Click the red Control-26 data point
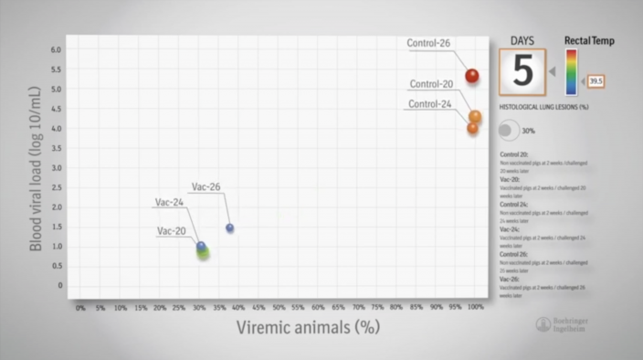471,76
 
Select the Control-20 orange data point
475,117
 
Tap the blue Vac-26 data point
230,228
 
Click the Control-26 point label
429,42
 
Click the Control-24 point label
430,104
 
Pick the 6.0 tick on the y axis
57,49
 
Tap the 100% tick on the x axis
476,308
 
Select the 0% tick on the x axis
80,308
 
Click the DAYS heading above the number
522,40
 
